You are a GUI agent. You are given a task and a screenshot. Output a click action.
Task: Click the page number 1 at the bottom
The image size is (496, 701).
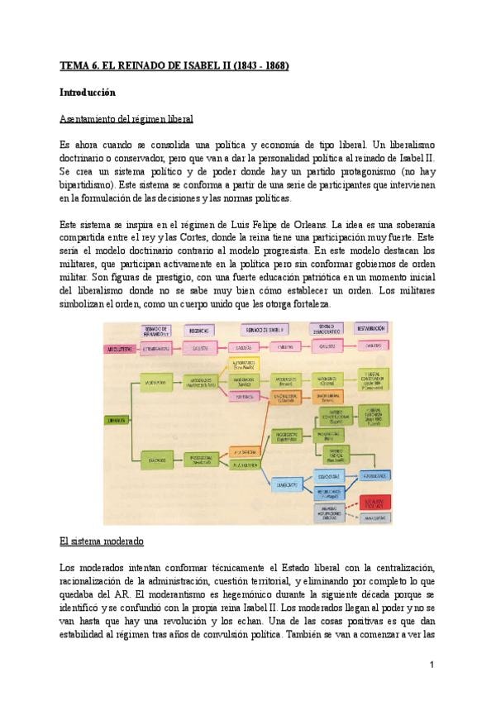pos(432,664)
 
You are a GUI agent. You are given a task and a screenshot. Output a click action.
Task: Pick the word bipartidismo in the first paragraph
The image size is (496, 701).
pos(86,185)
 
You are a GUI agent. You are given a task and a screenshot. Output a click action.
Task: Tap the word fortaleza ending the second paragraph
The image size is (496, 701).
pos(308,305)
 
